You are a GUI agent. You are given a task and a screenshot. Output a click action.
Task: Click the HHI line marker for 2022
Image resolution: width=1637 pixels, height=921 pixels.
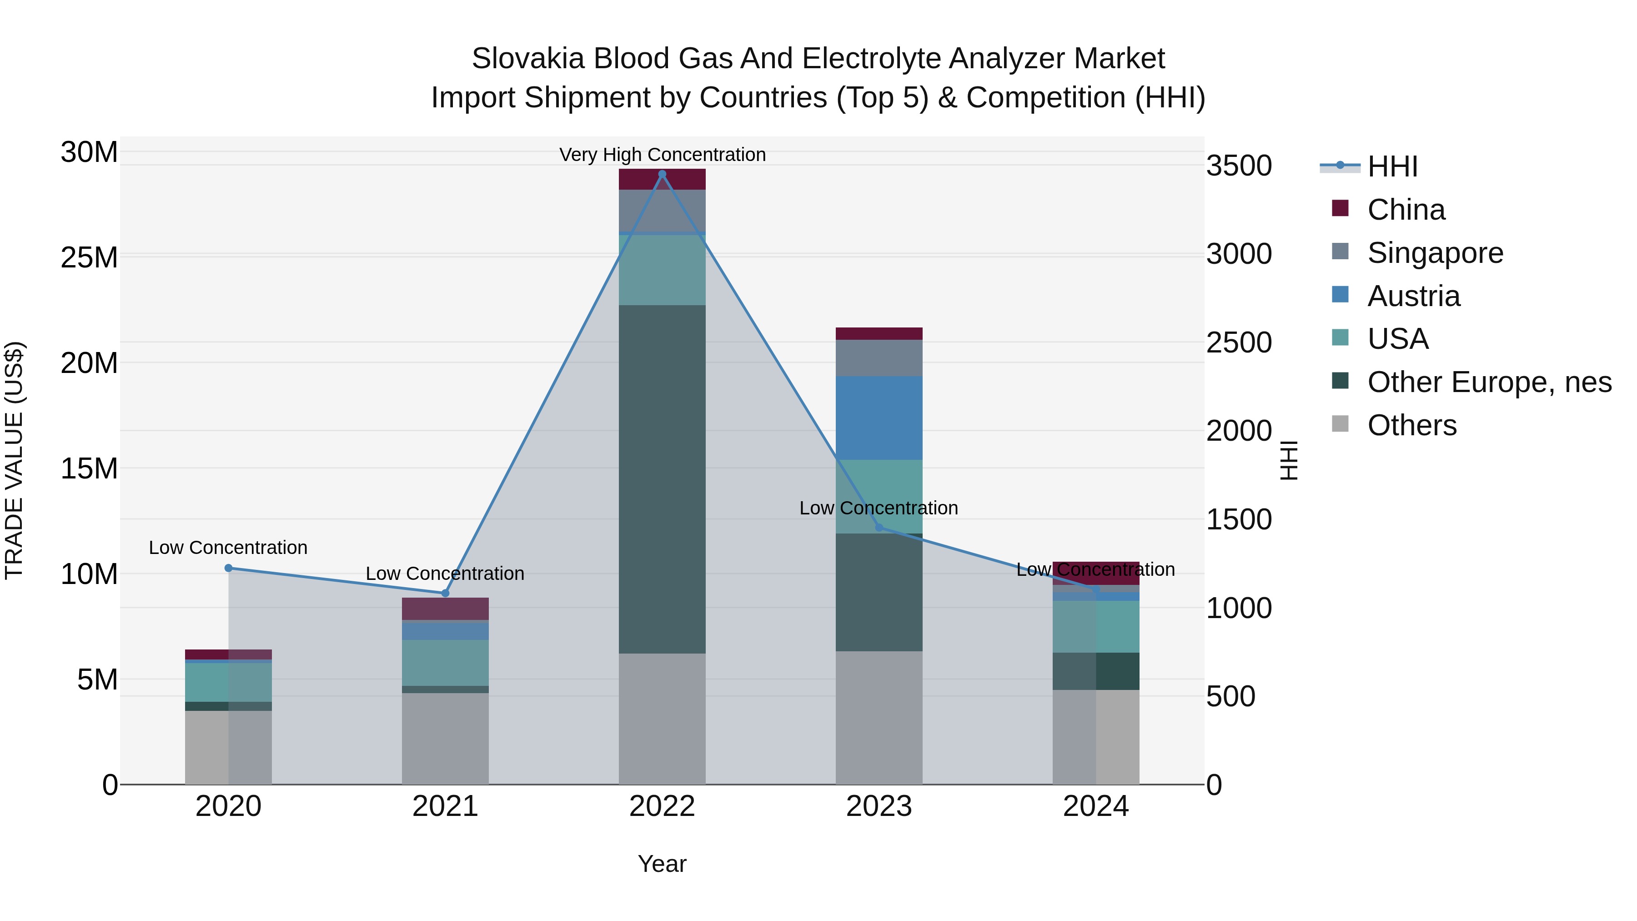(x=662, y=174)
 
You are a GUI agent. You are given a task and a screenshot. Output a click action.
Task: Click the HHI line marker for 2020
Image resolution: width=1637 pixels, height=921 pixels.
(x=229, y=568)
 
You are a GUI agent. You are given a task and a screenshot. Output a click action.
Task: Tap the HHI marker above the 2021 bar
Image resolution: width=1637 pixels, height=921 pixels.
(x=446, y=593)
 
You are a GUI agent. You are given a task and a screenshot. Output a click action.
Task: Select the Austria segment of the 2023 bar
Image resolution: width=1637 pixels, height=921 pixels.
(x=879, y=418)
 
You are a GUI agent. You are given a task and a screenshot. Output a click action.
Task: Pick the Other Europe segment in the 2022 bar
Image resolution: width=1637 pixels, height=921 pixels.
(x=662, y=479)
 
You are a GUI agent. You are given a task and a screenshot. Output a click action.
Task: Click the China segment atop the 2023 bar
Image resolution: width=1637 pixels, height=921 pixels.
(x=879, y=334)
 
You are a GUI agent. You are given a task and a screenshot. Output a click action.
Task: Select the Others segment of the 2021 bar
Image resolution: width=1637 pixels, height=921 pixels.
(x=446, y=739)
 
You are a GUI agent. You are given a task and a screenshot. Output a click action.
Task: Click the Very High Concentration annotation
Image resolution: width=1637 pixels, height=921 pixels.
(x=662, y=155)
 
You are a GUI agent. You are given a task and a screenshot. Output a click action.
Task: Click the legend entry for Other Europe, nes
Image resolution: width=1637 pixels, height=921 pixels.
(x=1489, y=382)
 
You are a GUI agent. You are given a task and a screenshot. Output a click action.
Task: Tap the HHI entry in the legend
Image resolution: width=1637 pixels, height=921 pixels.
(x=1392, y=166)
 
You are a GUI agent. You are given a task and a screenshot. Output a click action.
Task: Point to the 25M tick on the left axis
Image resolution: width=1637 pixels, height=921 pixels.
(x=89, y=258)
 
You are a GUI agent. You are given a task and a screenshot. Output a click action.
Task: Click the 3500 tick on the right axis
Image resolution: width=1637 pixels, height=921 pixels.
(x=1239, y=166)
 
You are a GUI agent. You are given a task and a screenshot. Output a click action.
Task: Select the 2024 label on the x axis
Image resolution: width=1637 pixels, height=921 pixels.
(x=1095, y=806)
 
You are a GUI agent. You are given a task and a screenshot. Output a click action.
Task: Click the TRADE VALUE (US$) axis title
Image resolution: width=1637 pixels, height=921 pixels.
(x=14, y=460)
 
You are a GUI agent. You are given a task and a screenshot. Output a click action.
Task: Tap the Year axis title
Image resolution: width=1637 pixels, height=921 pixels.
(x=662, y=864)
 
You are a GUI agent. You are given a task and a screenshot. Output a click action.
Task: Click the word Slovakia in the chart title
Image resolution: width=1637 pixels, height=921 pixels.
(x=527, y=59)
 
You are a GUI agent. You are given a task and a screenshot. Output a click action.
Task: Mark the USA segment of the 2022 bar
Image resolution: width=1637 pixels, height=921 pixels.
(x=662, y=270)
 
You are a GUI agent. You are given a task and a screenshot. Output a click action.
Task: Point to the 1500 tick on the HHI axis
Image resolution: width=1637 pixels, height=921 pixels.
(x=1239, y=520)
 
